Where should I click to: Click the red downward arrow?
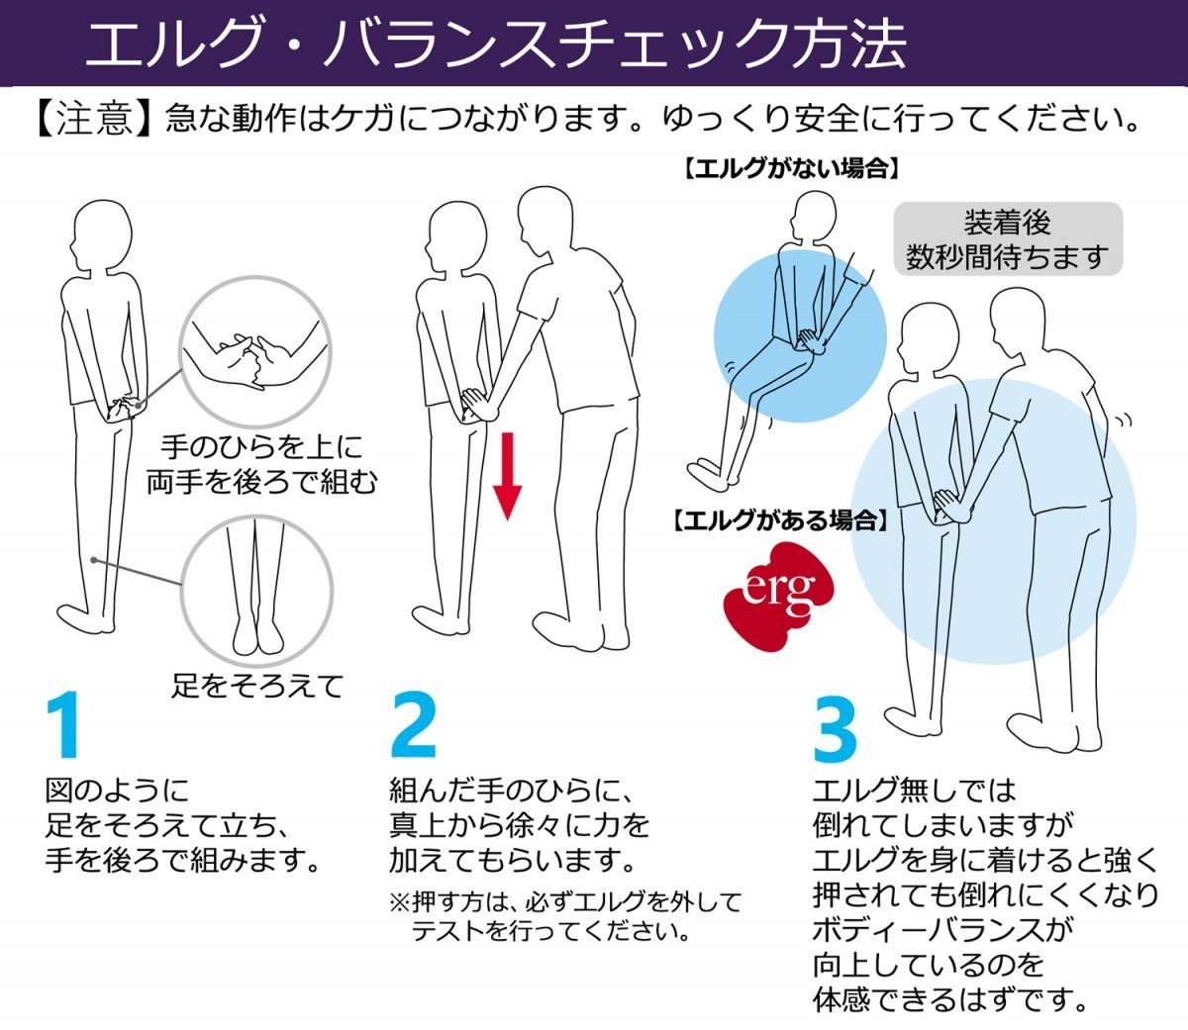tap(507, 476)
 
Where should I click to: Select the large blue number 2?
tap(413, 727)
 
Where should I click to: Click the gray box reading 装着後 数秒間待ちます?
tap(1008, 239)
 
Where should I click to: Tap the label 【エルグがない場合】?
tap(791, 168)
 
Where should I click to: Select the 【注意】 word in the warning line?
tap(93, 120)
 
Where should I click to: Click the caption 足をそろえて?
tap(256, 685)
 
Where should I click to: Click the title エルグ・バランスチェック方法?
tap(495, 44)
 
